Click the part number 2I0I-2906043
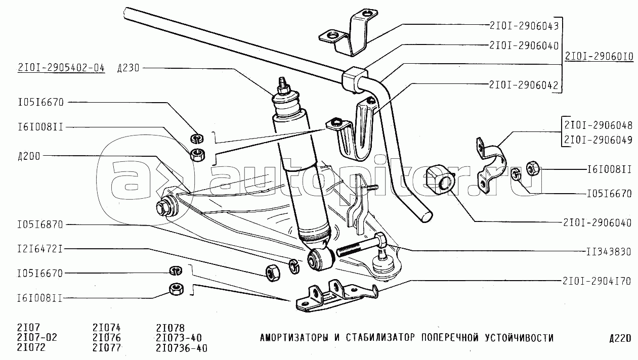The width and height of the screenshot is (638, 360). pos(523,24)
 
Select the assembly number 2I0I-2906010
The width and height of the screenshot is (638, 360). pos(599,58)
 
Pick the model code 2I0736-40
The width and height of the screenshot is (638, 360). pos(183,348)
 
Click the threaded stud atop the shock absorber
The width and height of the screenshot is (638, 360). pos(282,83)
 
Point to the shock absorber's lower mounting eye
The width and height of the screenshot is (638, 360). pos(321,259)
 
